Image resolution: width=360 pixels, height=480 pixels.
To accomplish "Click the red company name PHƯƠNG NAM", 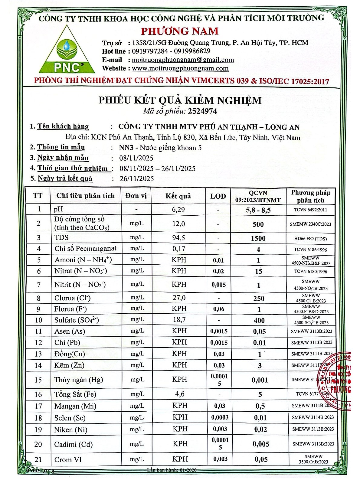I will click(x=180, y=31).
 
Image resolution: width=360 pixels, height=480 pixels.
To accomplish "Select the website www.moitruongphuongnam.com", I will click(x=180, y=68).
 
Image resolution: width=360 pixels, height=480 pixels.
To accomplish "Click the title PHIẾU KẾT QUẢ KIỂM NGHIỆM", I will click(x=180, y=100).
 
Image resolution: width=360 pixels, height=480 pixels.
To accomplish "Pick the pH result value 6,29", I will click(x=178, y=210).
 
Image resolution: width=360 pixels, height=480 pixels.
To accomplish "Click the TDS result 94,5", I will click(x=178, y=238).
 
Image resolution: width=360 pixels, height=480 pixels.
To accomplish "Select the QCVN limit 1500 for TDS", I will click(x=258, y=238).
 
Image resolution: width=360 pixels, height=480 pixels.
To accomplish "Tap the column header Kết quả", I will click(x=178, y=196).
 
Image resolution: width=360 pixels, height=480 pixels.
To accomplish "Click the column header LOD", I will click(x=218, y=196).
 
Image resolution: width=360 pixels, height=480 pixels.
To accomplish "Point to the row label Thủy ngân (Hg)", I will click(x=78, y=380).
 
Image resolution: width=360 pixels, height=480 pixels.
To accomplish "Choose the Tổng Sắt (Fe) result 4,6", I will click(x=178, y=394).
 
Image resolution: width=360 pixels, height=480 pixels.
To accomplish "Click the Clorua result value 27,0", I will click(x=179, y=298).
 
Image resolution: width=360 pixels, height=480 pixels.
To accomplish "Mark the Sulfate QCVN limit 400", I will click(x=259, y=320).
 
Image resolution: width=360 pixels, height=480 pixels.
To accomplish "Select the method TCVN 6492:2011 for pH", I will click(x=312, y=210).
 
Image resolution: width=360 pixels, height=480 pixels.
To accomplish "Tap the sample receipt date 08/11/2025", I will click(x=136, y=158).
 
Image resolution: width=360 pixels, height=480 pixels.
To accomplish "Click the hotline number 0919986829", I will click(x=191, y=51).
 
